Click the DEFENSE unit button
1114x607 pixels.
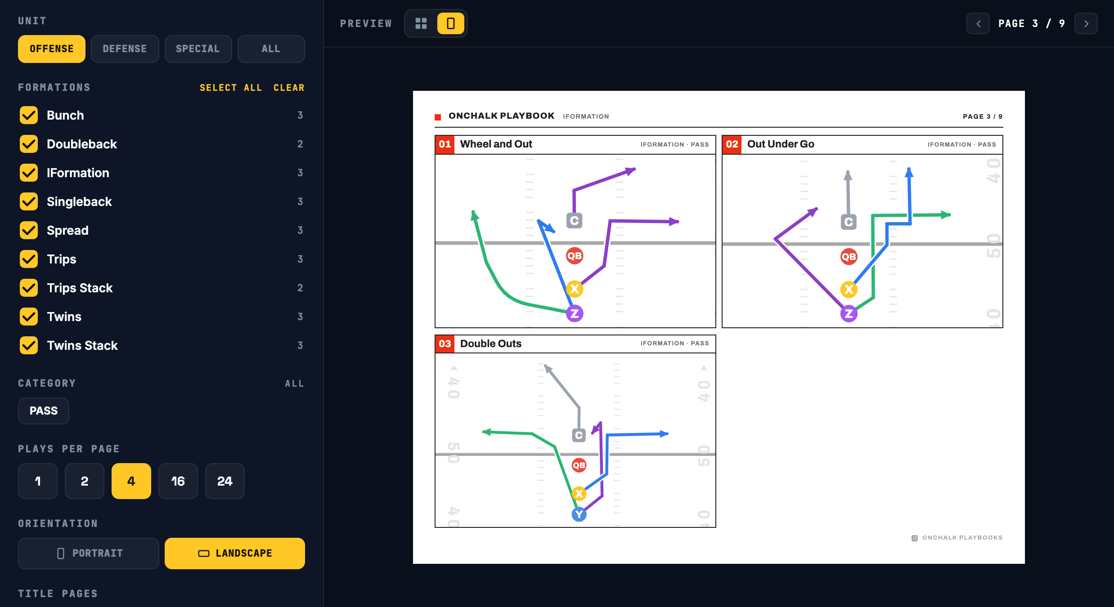[x=125, y=49]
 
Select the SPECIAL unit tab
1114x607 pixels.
[x=198, y=49]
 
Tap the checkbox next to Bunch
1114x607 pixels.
[x=29, y=115]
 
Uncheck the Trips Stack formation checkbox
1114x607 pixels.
[x=29, y=288]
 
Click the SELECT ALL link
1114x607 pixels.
[x=231, y=88]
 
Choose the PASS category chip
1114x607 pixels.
[x=44, y=411]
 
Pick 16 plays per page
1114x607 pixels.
[x=178, y=481]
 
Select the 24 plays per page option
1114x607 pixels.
[x=225, y=481]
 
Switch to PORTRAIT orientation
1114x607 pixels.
[x=89, y=553]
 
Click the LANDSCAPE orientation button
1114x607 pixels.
[x=235, y=553]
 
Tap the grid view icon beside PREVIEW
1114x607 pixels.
[x=421, y=23]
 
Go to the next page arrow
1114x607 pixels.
[x=1086, y=23]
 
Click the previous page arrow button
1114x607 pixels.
[x=978, y=23]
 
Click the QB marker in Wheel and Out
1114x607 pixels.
[x=575, y=256]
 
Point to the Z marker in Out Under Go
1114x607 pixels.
[x=849, y=313]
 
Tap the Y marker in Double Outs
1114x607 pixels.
[x=579, y=514]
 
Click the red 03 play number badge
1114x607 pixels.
[x=445, y=344]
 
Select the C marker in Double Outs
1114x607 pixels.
[x=579, y=435]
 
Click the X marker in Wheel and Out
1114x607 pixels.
[x=575, y=289]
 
